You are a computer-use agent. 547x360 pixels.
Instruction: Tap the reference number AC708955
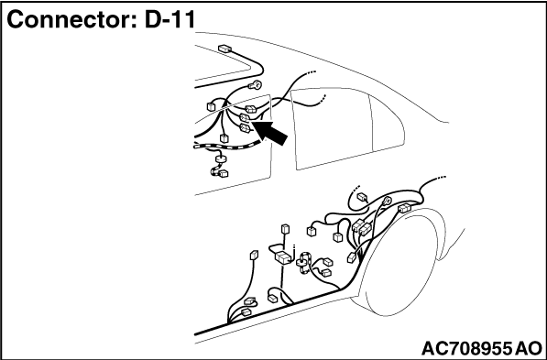pyautogui.click(x=467, y=348)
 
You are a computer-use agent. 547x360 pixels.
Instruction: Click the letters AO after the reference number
pyautogui.click(x=529, y=348)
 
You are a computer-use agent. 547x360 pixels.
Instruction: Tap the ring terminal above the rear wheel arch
pyautogui.click(x=388, y=199)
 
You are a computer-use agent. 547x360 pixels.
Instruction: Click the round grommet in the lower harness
pyautogui.click(x=301, y=263)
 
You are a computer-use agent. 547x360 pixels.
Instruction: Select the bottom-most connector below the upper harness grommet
pyautogui.click(x=219, y=172)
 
